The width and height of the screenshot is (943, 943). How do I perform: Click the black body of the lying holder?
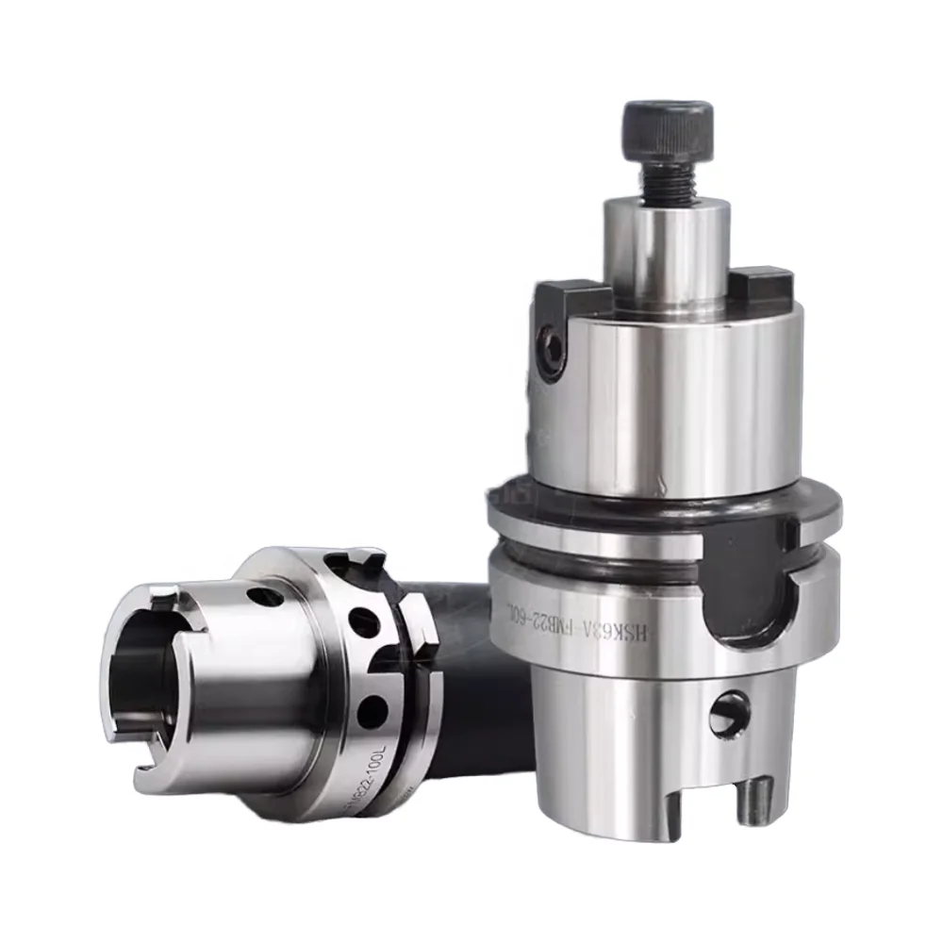click(471, 679)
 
